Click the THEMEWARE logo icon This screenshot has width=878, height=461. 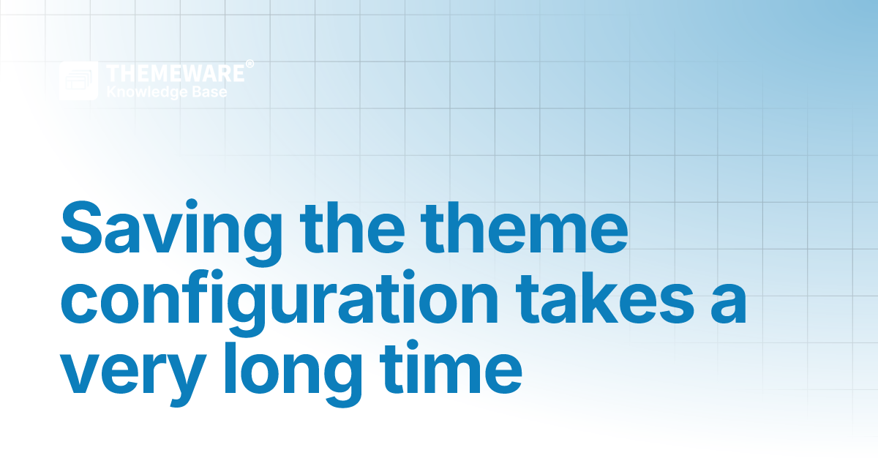pos(78,80)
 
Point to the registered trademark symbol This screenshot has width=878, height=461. pos(249,64)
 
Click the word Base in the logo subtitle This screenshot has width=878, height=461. pos(211,92)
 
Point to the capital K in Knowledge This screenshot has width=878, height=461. pos(110,92)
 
